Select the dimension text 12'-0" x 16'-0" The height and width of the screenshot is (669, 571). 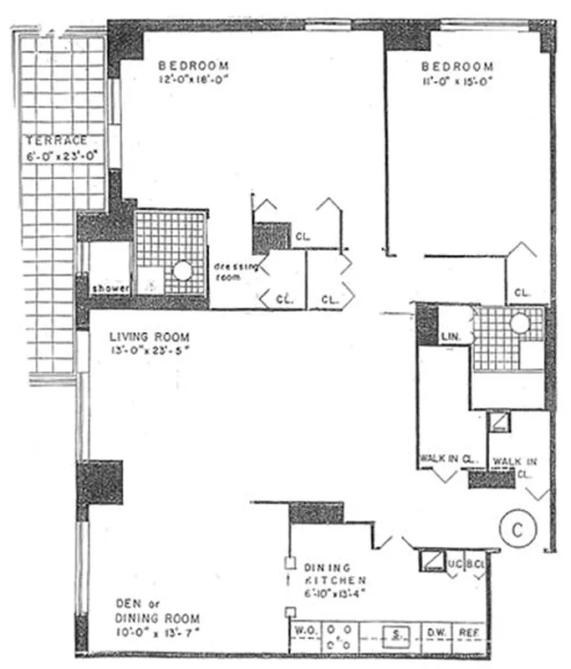point(193,80)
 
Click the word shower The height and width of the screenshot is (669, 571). point(111,289)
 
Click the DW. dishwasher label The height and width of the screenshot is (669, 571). point(437,634)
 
